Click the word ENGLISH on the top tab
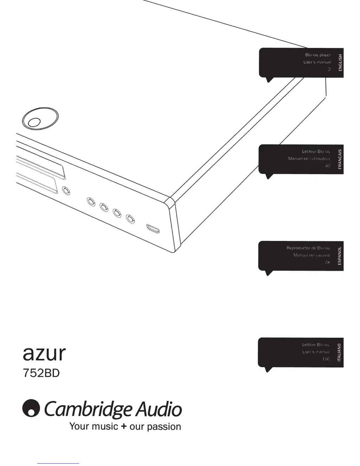click(x=340, y=63)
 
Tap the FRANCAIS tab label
click(x=340, y=159)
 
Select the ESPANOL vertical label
click(x=340, y=256)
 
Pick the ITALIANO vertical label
click(x=339, y=352)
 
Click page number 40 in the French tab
click(x=327, y=166)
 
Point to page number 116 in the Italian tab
click(x=326, y=359)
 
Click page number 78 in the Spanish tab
click(x=327, y=262)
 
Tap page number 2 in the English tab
click(x=329, y=69)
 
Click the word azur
click(x=44, y=353)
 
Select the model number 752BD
click(x=41, y=373)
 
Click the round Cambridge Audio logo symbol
click(x=31, y=408)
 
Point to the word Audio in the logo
click(x=159, y=409)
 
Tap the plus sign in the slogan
click(x=123, y=427)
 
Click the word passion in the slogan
click(x=164, y=427)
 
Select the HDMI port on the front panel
click(x=153, y=229)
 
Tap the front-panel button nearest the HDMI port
click(x=130, y=219)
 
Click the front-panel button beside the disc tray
click(x=66, y=191)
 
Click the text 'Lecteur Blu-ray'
click(x=316, y=152)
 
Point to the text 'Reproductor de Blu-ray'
click(x=308, y=248)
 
